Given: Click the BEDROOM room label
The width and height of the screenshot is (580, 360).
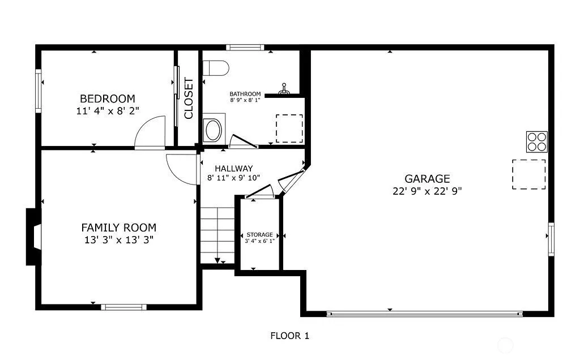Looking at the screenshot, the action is (108, 98).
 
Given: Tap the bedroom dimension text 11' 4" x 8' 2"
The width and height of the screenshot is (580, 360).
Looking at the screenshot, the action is (108, 111).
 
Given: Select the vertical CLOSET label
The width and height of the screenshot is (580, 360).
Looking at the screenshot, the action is (189, 98).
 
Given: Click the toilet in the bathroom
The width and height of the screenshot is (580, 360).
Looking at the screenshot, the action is (216, 68).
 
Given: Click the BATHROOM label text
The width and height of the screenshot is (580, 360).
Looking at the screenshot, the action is (245, 94).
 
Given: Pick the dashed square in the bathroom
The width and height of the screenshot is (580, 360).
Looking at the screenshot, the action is (289, 128).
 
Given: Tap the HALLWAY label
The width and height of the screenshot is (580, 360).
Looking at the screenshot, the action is (234, 169).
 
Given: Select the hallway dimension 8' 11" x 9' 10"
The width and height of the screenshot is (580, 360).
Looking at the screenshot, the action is (234, 178).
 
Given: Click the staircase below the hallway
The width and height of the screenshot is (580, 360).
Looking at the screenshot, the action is (217, 235).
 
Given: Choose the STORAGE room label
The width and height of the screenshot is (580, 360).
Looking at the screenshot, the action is (259, 235).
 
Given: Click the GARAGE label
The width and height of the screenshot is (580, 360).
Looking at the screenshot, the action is (427, 179).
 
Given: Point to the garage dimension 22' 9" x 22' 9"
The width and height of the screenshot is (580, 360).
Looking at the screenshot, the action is (427, 191).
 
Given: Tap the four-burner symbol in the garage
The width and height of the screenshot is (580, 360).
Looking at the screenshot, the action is (537, 142).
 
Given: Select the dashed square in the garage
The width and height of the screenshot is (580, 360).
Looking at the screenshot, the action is (529, 174).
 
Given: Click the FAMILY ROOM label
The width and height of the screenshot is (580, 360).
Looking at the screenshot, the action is (119, 228).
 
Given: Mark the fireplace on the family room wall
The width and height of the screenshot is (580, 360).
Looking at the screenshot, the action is (33, 237).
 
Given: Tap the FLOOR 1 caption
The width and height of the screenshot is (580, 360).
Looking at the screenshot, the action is (289, 336).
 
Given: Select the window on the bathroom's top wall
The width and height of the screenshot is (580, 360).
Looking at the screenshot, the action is (245, 48).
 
